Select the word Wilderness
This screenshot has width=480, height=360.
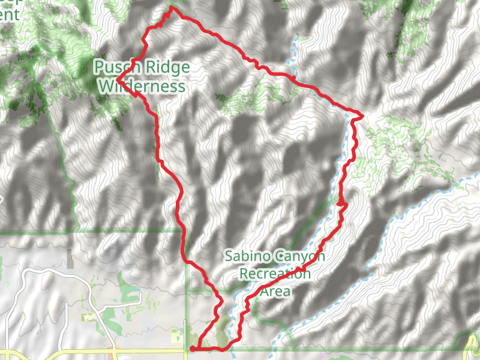(x=141, y=86)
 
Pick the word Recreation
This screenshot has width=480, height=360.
(x=275, y=274)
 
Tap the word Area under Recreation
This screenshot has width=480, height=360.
(x=275, y=292)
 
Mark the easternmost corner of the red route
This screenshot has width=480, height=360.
(x=363, y=114)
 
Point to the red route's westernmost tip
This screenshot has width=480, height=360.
(x=118, y=79)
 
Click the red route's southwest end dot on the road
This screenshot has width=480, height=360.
(x=192, y=348)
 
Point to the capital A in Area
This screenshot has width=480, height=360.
(x=264, y=292)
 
